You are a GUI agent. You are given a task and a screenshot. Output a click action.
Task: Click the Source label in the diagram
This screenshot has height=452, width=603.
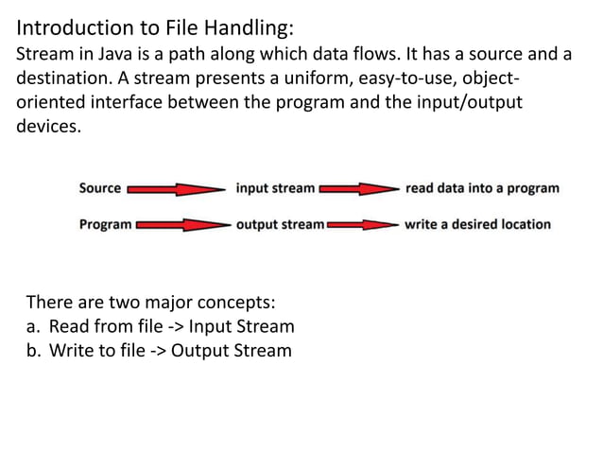tap(99, 187)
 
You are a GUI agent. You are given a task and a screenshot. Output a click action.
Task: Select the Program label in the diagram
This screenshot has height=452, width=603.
tap(105, 224)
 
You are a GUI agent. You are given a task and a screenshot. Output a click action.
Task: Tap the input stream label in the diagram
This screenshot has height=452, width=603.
tap(275, 187)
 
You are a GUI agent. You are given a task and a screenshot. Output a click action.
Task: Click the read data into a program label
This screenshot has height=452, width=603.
tap(481, 187)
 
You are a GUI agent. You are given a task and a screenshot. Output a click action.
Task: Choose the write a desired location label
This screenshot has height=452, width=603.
tap(476, 224)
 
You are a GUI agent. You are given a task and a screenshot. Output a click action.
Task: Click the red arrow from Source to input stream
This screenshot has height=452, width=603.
tap(178, 188)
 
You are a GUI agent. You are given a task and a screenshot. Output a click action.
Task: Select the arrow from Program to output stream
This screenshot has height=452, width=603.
tap(183, 225)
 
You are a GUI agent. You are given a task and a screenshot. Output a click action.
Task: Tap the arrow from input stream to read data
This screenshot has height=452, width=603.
tap(359, 188)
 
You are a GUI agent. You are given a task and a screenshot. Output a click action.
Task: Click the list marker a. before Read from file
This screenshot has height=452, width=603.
tap(32, 327)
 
